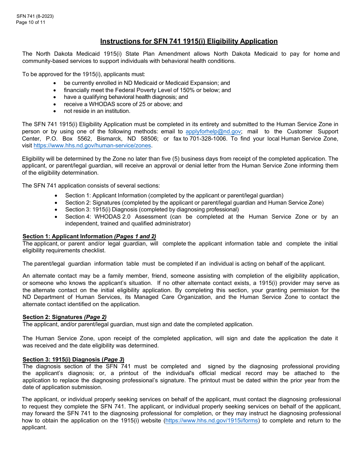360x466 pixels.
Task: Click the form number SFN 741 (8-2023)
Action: pos(35,16)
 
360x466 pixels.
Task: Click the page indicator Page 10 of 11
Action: pos(31,22)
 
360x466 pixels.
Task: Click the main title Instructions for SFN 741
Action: pos(189,41)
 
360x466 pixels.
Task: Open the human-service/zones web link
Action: pos(92,145)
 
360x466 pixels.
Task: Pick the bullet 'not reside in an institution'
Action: pos(97,111)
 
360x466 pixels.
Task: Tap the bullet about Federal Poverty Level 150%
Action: pos(147,90)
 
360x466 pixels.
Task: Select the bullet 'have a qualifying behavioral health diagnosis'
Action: pos(126,97)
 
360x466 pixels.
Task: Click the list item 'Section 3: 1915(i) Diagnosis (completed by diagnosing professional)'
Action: pos(152,210)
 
